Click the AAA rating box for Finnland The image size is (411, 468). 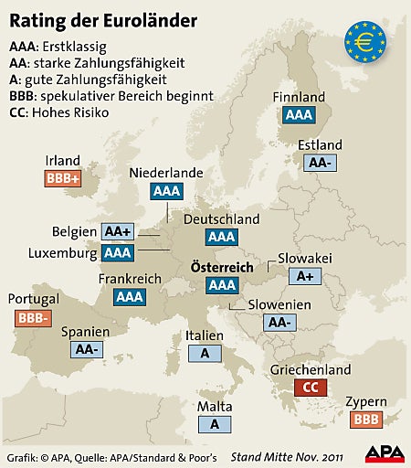298,115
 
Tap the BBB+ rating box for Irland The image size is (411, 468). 63,178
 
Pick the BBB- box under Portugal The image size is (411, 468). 33,318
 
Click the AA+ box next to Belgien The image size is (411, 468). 118,231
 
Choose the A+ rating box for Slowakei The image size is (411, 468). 304,275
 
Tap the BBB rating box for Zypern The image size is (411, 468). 365,419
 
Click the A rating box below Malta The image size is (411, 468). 215,423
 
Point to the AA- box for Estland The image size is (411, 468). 320,162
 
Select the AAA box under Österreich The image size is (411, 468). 222,285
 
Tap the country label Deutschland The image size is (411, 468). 222,219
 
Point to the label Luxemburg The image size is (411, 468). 63,252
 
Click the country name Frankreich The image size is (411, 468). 129,279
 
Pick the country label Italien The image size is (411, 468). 204,335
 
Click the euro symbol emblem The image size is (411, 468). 364,42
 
